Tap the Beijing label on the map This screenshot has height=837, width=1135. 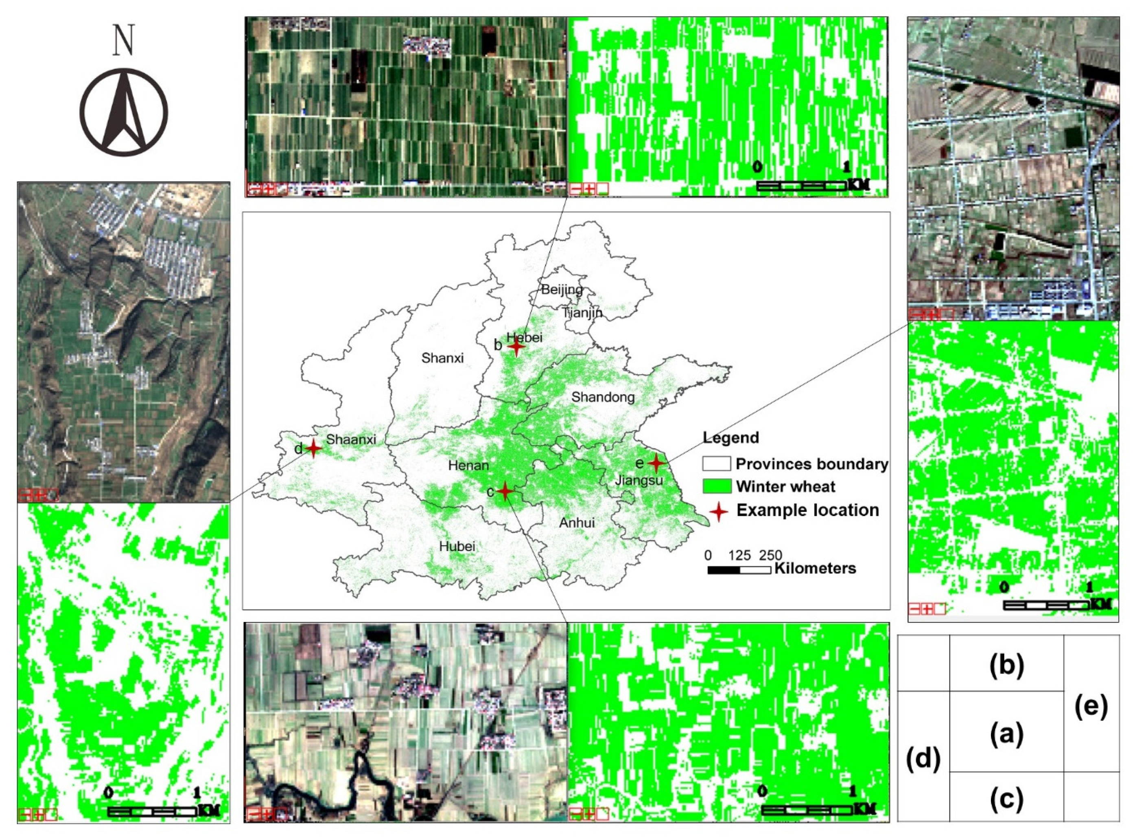click(562, 290)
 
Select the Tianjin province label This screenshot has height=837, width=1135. click(583, 313)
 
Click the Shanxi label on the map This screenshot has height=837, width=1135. click(442, 358)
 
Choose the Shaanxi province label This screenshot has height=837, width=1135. click(351, 439)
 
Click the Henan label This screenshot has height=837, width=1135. click(469, 465)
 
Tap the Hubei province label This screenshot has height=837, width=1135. click(457, 546)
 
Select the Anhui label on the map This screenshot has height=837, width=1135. click(577, 523)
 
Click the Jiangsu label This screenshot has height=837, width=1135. click(639, 480)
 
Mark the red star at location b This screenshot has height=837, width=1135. click(516, 347)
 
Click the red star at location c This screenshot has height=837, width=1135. click(504, 491)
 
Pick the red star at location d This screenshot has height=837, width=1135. click(314, 448)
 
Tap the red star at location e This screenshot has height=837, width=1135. click(656, 463)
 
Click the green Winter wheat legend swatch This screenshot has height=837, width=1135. click(716, 486)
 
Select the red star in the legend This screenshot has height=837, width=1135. click(718, 511)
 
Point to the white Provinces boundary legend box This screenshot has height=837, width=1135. click(716, 464)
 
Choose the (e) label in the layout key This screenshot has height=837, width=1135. click(1091, 706)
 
